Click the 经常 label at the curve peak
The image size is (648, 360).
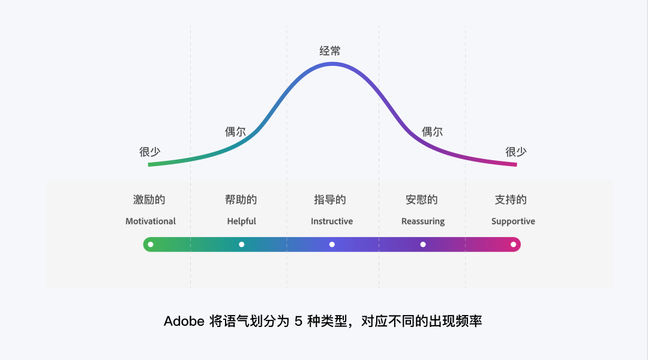[330, 51]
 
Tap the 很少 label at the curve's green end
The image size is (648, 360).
[149, 152]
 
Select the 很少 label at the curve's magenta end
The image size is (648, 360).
[515, 152]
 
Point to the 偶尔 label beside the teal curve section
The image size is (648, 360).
[235, 132]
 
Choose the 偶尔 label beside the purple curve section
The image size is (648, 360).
[432, 132]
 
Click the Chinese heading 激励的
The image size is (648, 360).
[149, 200]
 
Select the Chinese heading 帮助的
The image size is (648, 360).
[241, 200]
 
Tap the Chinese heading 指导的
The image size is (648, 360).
[330, 200]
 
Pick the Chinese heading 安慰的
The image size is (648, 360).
[422, 200]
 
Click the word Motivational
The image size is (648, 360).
[151, 221]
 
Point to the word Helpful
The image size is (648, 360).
[241, 221]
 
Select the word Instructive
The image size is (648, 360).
[332, 221]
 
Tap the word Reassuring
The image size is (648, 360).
[423, 221]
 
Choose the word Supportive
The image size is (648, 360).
[513, 221]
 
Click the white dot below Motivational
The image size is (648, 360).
[151, 244]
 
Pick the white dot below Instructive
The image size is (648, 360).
[332, 244]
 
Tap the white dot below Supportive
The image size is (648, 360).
[513, 244]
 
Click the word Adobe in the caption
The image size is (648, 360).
[184, 321]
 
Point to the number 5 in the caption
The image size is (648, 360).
[298, 321]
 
